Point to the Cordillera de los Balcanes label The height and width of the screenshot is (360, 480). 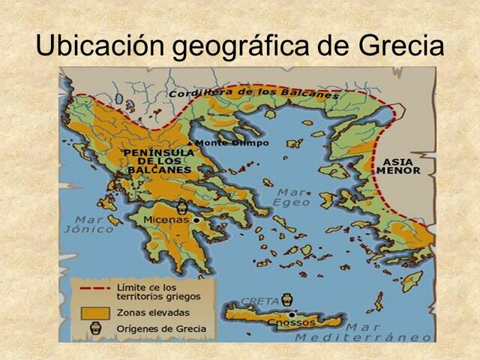pyautogui.click(x=253, y=93)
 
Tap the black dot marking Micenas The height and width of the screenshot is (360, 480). pyautogui.click(x=196, y=220)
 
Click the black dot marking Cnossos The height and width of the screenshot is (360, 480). pyautogui.click(x=290, y=316)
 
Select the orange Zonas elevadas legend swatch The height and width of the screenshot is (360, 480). pyautogui.click(x=92, y=311)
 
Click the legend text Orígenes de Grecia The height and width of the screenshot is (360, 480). pyautogui.click(x=154, y=328)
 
